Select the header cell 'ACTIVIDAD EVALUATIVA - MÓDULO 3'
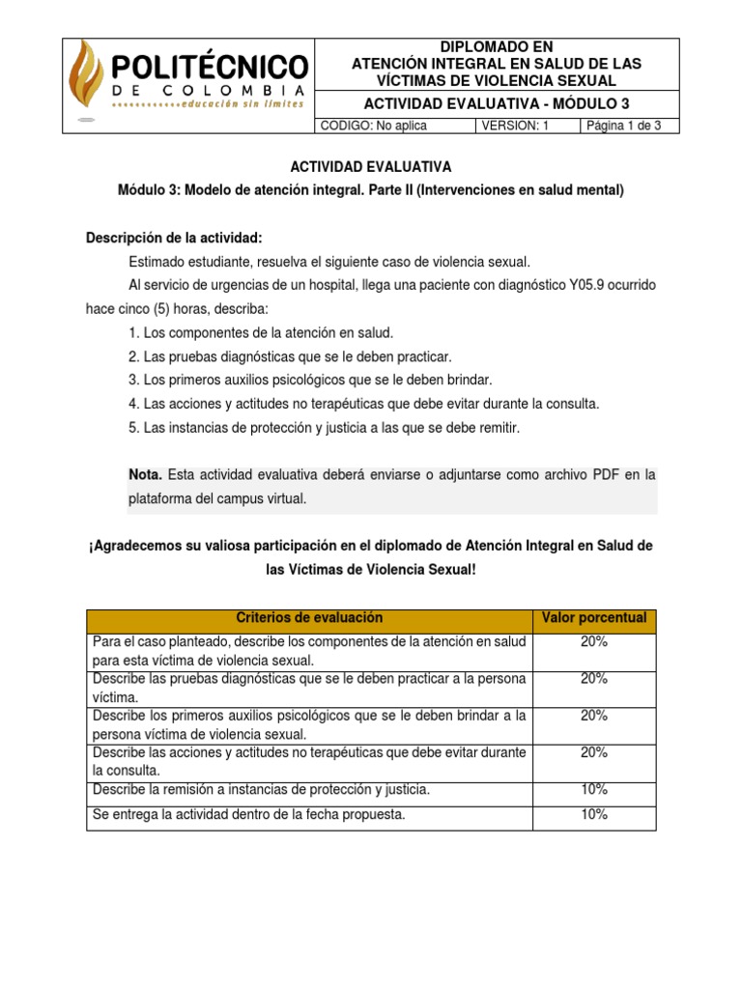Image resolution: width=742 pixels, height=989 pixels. pyautogui.click(x=497, y=104)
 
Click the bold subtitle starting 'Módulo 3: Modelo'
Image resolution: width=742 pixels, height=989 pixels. pyautogui.click(x=371, y=191)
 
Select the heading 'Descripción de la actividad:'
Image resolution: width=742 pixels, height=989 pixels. pyautogui.click(x=174, y=238)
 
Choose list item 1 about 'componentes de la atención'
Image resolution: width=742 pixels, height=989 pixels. pyautogui.click(x=260, y=332)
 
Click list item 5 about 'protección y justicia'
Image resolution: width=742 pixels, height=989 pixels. pyautogui.click(x=324, y=427)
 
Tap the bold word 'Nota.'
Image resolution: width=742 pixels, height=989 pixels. pyautogui.click(x=146, y=474)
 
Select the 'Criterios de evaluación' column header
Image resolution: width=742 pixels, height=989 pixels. pyautogui.click(x=309, y=618)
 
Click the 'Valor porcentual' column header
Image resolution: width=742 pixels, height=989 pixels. pyautogui.click(x=594, y=618)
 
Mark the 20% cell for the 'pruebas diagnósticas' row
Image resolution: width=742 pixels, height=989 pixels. pyautogui.click(x=594, y=679)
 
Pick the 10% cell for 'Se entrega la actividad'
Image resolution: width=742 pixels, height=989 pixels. pyautogui.click(x=594, y=814)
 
